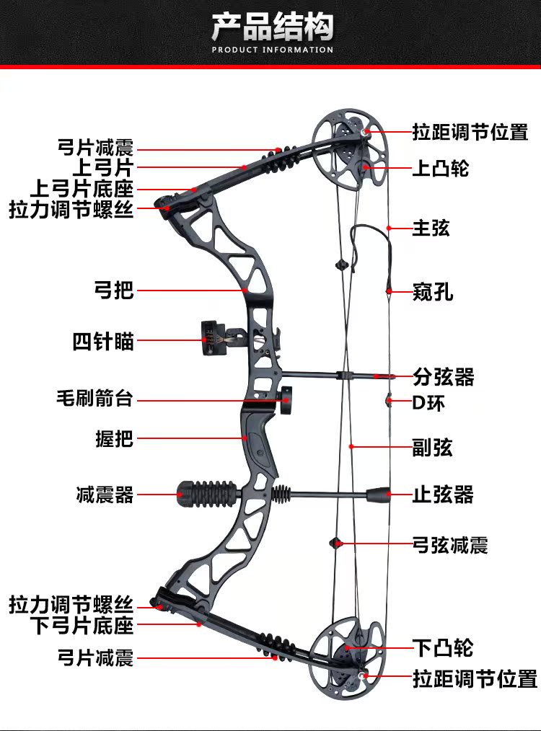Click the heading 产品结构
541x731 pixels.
click(x=272, y=28)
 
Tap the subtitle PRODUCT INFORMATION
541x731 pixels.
click(x=272, y=50)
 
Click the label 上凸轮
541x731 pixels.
click(x=440, y=168)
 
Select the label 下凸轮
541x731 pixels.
click(x=442, y=647)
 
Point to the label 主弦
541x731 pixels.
click(x=431, y=228)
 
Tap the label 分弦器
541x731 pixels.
click(x=443, y=376)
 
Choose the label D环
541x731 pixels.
click(x=428, y=402)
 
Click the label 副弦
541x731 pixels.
click(x=432, y=447)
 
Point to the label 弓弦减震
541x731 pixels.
click(x=450, y=544)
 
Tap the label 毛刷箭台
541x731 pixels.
click(x=94, y=398)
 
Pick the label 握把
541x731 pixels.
click(x=115, y=438)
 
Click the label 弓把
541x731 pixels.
click(x=114, y=291)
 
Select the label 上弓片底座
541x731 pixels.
click(x=82, y=189)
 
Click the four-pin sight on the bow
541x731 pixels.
click(x=212, y=337)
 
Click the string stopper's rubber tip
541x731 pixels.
click(x=379, y=495)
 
